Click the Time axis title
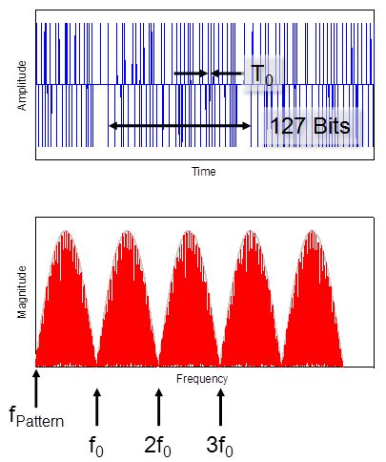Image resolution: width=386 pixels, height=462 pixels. coord(204,173)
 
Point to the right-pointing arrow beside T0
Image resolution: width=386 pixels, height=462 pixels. coord(190,73)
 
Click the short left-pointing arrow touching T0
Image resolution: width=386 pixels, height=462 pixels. coord(227,73)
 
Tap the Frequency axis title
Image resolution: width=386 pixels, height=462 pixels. coord(202,379)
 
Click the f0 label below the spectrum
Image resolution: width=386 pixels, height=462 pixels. coord(97,444)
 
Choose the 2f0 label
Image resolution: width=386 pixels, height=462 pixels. coord(158,444)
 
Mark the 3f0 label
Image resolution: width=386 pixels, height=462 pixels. coord(220,444)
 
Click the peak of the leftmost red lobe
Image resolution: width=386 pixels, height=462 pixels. coord(65,232)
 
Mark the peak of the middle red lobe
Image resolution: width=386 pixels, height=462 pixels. coord(189,232)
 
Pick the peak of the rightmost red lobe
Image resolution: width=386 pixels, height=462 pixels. coord(312,232)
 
